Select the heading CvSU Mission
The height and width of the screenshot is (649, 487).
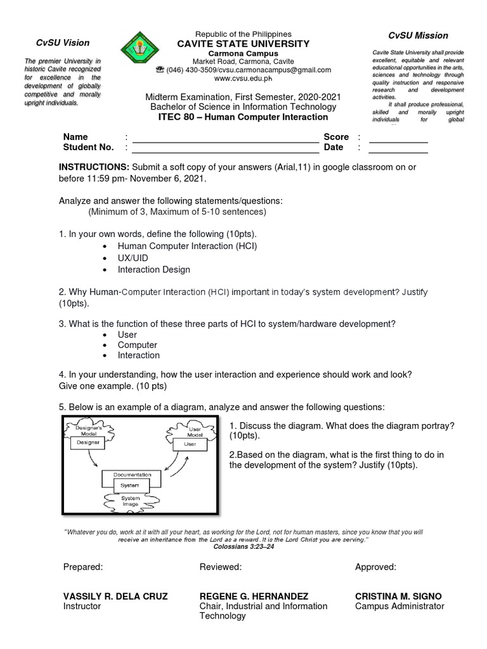tap(418, 35)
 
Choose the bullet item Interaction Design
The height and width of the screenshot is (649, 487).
tap(153, 269)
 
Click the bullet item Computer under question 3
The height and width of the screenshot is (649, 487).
tap(137, 345)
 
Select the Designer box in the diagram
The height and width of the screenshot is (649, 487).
tap(89, 443)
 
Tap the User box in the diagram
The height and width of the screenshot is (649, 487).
tap(190, 444)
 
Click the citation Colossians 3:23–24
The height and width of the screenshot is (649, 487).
tap(243, 546)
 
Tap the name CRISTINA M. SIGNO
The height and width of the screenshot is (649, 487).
tap(398, 596)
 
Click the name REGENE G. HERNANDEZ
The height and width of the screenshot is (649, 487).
tap(254, 596)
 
